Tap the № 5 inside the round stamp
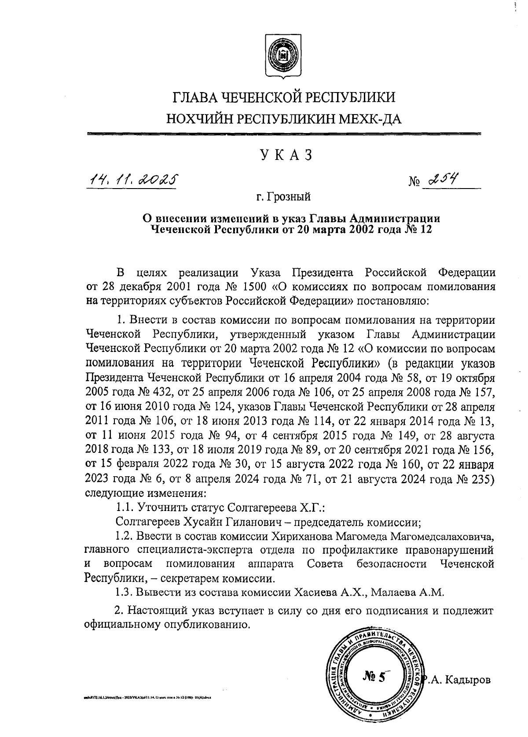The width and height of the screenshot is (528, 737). [x=374, y=677]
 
